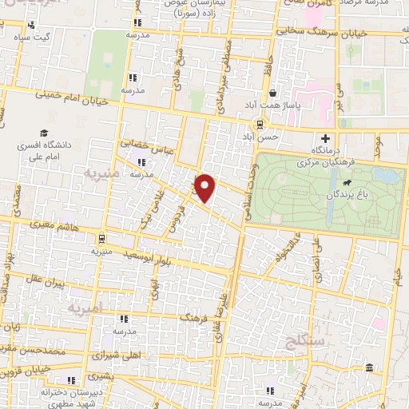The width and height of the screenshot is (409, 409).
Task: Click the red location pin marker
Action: tap(206, 188)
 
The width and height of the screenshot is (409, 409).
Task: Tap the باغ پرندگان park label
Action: tap(347, 194)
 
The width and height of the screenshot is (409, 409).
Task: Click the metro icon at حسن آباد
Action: tap(259, 124)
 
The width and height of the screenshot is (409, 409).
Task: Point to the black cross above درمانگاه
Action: tap(325, 138)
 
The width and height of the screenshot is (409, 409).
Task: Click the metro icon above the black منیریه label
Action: tap(100, 239)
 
